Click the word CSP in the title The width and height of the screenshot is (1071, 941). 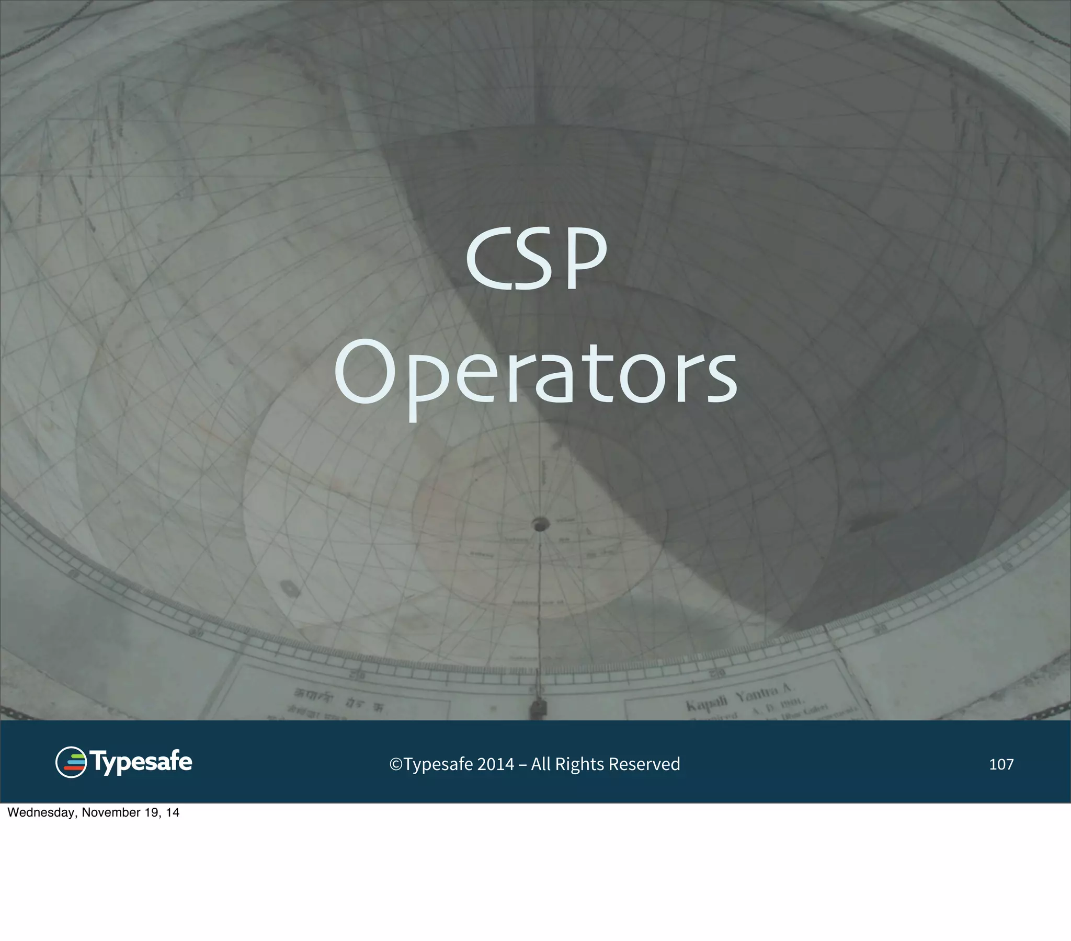(536, 259)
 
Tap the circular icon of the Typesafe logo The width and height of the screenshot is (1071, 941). (71, 762)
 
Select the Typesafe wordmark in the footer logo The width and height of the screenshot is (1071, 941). (141, 761)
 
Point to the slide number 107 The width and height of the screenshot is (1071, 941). (1001, 764)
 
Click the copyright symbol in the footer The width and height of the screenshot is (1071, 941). (395, 764)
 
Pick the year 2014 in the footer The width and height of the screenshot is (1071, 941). (495, 764)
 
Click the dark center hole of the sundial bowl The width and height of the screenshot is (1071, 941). (540, 523)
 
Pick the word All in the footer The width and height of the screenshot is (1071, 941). (541, 764)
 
